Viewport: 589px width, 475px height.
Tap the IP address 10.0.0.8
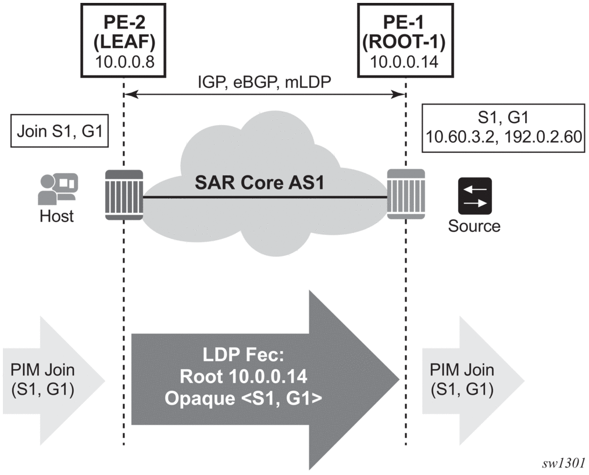(x=124, y=62)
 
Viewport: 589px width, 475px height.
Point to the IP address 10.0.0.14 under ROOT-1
(x=404, y=62)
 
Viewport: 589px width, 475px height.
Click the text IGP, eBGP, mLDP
(x=265, y=82)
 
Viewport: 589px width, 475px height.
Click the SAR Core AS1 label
(x=259, y=183)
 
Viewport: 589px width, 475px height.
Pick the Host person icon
(x=58, y=189)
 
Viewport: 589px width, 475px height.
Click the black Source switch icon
(x=474, y=195)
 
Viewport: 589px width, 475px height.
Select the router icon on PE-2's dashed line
(x=124, y=195)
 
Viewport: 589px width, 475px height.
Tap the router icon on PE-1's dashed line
(x=406, y=194)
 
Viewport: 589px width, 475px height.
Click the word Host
(x=57, y=216)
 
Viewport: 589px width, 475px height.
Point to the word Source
(x=474, y=226)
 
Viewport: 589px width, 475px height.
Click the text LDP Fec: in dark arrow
(x=244, y=355)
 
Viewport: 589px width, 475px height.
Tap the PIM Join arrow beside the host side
(x=53, y=380)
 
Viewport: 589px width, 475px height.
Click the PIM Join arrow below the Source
(x=473, y=380)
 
